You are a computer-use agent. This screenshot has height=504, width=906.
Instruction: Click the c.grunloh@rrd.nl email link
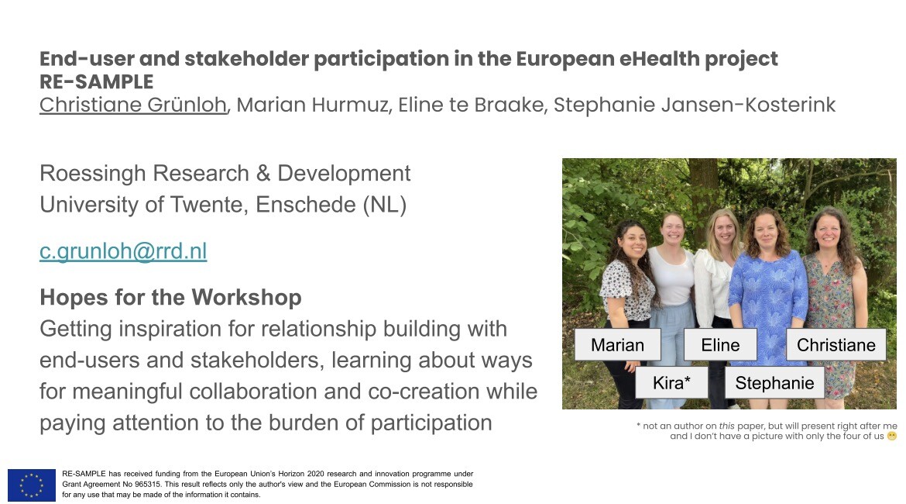(123, 251)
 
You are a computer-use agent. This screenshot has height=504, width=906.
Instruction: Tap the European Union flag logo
(32, 485)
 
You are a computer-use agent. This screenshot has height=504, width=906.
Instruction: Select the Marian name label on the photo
(617, 345)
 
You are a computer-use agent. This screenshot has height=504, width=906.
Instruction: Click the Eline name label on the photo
(720, 345)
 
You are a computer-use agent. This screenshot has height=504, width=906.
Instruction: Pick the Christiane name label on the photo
(836, 345)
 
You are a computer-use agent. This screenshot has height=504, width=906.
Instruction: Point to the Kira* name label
(671, 382)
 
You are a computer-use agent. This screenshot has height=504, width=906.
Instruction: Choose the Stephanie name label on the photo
(774, 382)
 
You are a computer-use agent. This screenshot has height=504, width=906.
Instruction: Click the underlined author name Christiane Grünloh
(133, 105)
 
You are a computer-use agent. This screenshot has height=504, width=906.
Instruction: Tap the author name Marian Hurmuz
(313, 105)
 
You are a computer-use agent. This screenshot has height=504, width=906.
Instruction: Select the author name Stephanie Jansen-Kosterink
(695, 105)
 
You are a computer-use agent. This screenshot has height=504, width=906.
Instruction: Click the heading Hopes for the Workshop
(170, 298)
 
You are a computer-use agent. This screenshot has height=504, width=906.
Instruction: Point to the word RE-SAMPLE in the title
(97, 81)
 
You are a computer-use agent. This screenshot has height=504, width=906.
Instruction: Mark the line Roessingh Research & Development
(225, 173)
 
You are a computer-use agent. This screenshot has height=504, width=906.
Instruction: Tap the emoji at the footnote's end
(892, 437)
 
